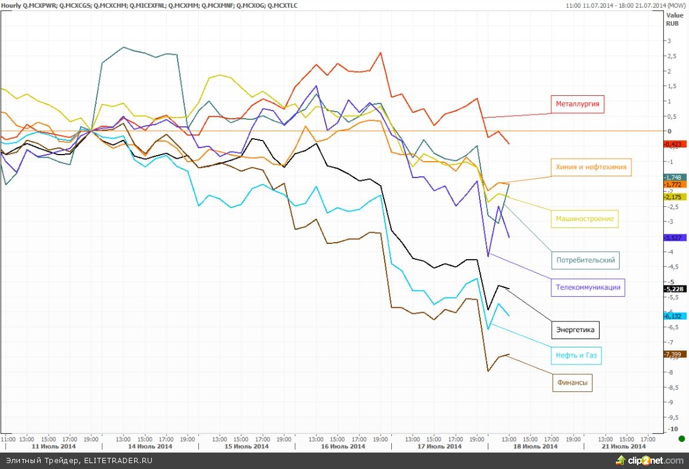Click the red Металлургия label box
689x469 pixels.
tap(578, 105)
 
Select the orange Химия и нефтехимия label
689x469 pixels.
tap(591, 167)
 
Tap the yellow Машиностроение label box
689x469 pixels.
tap(585, 219)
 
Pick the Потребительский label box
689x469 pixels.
tap(585, 259)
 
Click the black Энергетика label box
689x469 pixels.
tap(576, 330)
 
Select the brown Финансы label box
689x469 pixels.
tap(572, 383)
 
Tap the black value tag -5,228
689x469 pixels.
tap(673, 289)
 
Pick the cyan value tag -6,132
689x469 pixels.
tap(673, 316)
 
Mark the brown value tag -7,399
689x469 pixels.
tap(673, 354)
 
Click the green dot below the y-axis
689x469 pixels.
tap(681, 438)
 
